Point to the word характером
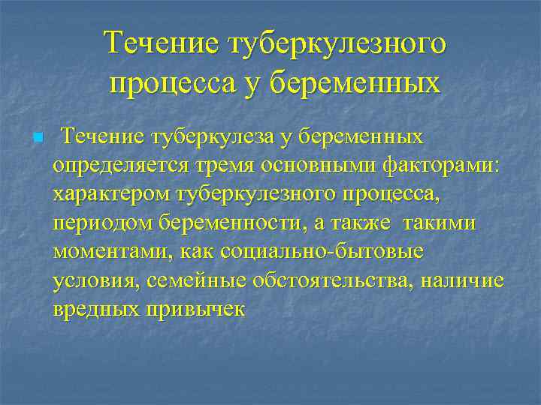click(110, 194)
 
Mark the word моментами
click(111, 251)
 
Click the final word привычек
click(198, 308)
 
